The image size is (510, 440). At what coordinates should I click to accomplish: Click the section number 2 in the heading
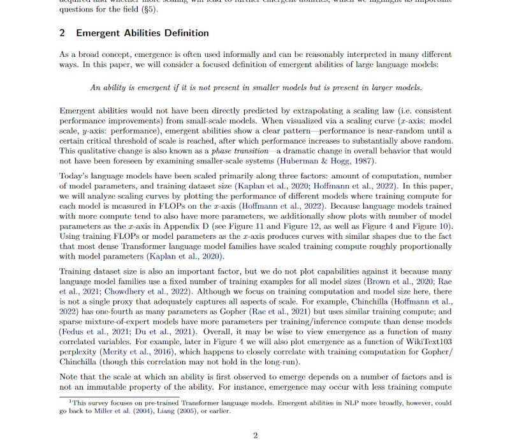[x=62, y=33]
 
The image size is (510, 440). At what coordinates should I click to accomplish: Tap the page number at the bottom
[x=255, y=436]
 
